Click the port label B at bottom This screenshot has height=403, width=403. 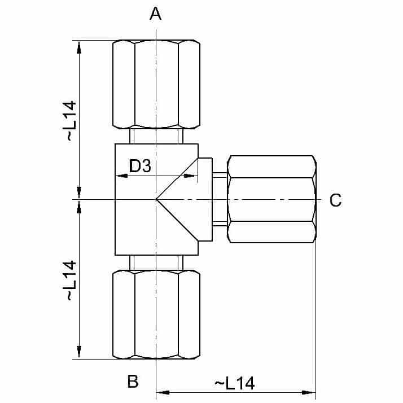(x=133, y=382)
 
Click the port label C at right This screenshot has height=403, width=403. (x=335, y=200)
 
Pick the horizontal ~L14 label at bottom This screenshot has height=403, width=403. (x=235, y=383)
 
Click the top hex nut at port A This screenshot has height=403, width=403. (x=156, y=84)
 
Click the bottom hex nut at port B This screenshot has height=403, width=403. (x=156, y=314)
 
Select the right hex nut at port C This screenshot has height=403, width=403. (x=271, y=200)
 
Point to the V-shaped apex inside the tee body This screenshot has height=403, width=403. (x=157, y=199)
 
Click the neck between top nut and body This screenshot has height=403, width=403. (x=156, y=136)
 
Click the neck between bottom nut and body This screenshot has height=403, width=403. (x=156, y=262)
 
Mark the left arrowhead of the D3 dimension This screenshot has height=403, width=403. (x=119, y=176)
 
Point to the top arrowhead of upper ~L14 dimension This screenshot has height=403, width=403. (x=79, y=46)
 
